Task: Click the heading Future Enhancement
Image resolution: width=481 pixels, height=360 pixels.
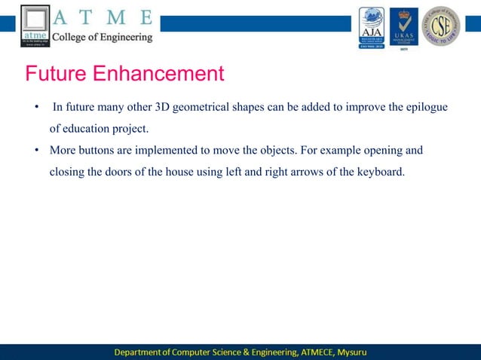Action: click(x=124, y=74)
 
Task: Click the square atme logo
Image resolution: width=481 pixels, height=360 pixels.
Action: click(x=35, y=26)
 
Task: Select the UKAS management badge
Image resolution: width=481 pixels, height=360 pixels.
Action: click(x=403, y=27)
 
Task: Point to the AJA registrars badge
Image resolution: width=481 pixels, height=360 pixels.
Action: click(x=372, y=27)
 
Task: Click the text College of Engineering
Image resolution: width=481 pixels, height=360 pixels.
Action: click(x=102, y=36)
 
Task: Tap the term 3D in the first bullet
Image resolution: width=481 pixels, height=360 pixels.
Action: click(x=162, y=107)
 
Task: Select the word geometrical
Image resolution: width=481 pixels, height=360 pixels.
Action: click(x=202, y=107)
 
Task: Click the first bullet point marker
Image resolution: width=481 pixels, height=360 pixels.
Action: click(x=35, y=107)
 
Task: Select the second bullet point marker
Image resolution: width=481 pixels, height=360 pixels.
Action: click(x=35, y=150)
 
